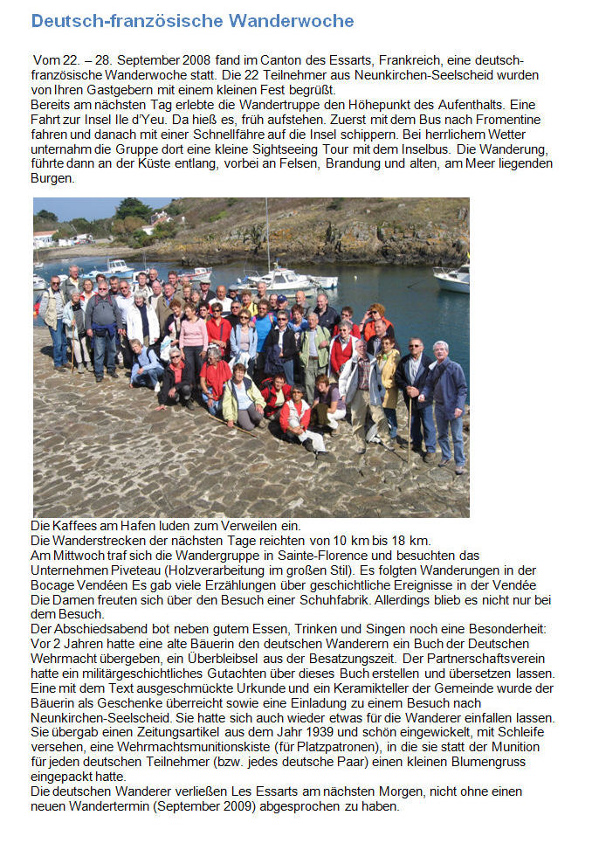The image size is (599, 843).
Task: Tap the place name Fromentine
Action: (504, 120)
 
